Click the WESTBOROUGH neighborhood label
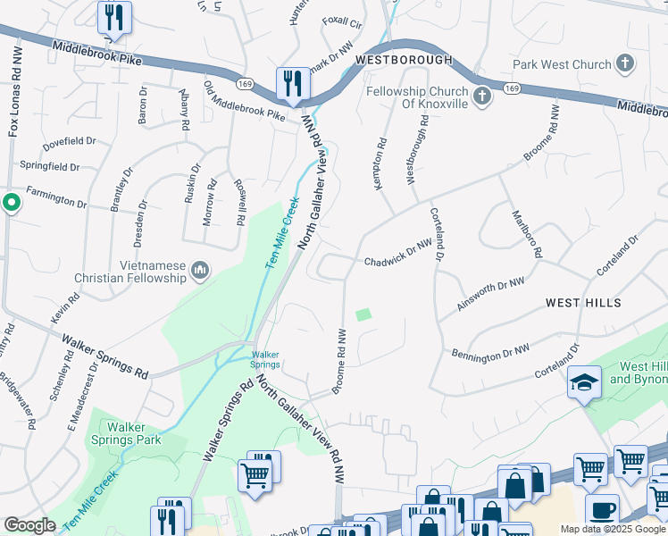pos(404,60)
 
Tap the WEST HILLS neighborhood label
pos(583,304)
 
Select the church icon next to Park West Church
pos(625,64)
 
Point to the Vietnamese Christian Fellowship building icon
pos(200,270)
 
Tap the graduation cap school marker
pos(585,381)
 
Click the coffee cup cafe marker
pos(602,510)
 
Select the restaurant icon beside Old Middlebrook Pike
pos(292,84)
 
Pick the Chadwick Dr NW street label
pos(397,261)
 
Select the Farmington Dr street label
pos(55,198)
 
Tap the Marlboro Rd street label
pos(526,234)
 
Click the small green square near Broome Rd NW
pos(363,314)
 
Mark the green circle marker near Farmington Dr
pos(11,203)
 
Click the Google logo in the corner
pos(29,525)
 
